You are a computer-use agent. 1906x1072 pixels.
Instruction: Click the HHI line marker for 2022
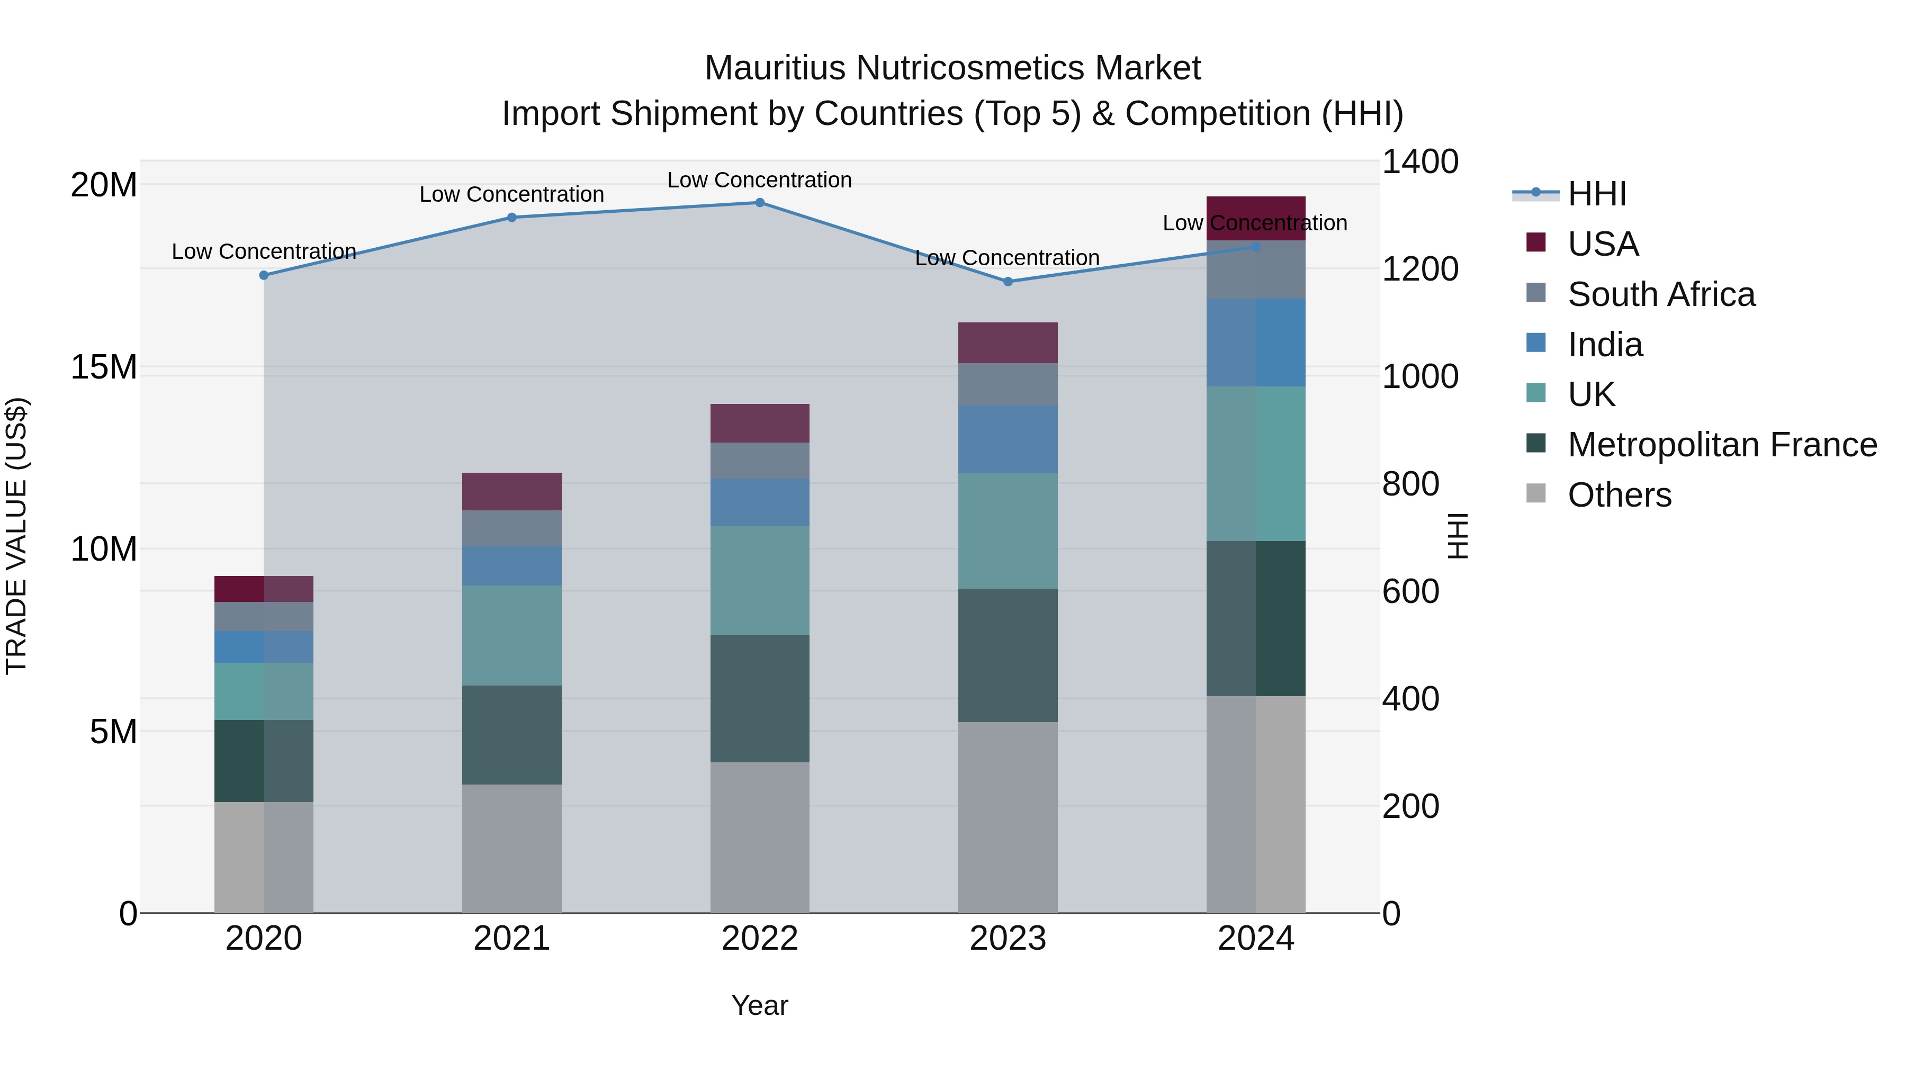click(759, 203)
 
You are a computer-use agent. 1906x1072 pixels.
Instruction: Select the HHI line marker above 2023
click(1007, 282)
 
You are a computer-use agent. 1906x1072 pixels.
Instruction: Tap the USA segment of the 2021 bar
click(511, 491)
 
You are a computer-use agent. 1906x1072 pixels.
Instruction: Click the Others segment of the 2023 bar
click(1007, 817)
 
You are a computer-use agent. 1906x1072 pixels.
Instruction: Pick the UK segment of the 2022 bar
click(759, 581)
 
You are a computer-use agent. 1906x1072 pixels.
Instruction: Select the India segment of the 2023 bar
click(1007, 439)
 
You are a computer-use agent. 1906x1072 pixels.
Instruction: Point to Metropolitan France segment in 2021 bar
click(511, 735)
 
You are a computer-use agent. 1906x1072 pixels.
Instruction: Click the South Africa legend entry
click(1660, 294)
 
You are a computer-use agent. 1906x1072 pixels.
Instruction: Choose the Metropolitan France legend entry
click(1721, 445)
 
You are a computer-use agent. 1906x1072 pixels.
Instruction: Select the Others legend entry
click(1619, 495)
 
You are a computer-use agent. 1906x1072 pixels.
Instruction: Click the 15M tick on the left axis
click(104, 367)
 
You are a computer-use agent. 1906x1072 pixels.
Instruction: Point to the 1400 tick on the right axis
click(1419, 162)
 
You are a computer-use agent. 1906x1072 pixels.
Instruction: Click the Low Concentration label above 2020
click(264, 251)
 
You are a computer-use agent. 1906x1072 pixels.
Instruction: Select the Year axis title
click(759, 1005)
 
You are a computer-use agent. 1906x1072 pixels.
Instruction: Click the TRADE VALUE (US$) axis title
click(16, 536)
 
